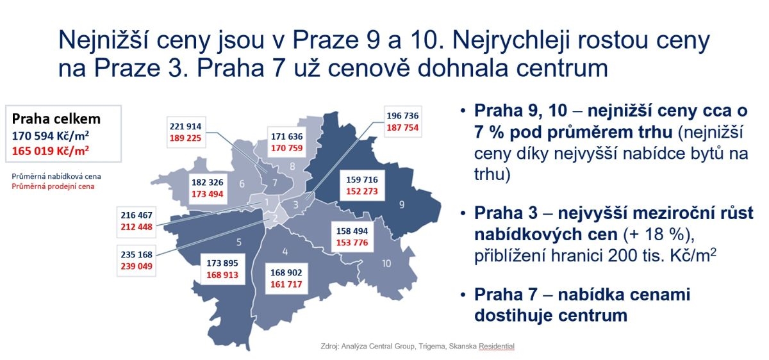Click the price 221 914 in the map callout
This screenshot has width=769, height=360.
tap(185, 126)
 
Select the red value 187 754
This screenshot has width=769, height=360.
tap(402, 127)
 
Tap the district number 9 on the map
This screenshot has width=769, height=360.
tap(402, 205)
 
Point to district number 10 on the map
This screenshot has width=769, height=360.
tap(386, 263)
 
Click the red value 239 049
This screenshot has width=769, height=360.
tap(136, 266)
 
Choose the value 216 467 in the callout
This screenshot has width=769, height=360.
tap(136, 215)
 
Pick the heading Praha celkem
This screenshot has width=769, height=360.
tap(56, 119)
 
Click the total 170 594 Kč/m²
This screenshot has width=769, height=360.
tap(51, 136)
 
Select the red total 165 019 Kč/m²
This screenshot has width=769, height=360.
tap(51, 151)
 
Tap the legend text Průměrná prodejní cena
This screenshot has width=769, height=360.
tap(53, 186)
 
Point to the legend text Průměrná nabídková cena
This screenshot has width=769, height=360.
tap(56, 176)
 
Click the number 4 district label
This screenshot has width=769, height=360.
tap(285, 252)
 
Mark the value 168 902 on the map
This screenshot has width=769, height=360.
tap(286, 273)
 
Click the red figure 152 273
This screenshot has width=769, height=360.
tap(362, 192)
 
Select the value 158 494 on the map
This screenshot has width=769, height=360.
tap(352, 231)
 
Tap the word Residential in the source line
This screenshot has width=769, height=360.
tap(497, 347)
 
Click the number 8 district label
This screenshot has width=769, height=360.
tap(292, 167)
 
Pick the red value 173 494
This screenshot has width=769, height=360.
tap(208, 194)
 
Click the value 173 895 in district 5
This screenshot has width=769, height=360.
tap(222, 263)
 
